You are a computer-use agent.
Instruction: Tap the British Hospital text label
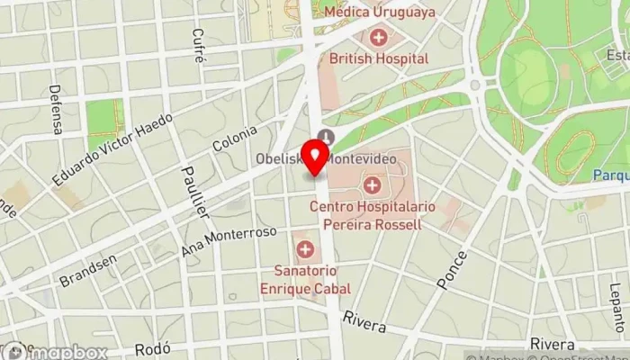[x=379, y=58]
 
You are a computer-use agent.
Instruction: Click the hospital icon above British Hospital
[x=379, y=38]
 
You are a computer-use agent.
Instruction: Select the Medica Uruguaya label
[x=378, y=13]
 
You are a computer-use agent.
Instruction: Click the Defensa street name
[x=56, y=109]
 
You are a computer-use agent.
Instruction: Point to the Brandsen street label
[x=88, y=270]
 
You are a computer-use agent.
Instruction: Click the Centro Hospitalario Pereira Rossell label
[x=372, y=215]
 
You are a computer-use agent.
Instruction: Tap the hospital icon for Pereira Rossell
[x=372, y=185]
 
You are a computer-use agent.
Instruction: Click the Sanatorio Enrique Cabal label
[x=305, y=279]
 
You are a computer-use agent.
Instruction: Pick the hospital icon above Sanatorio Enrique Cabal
[x=305, y=248]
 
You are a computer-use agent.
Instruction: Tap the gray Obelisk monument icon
[x=325, y=137]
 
